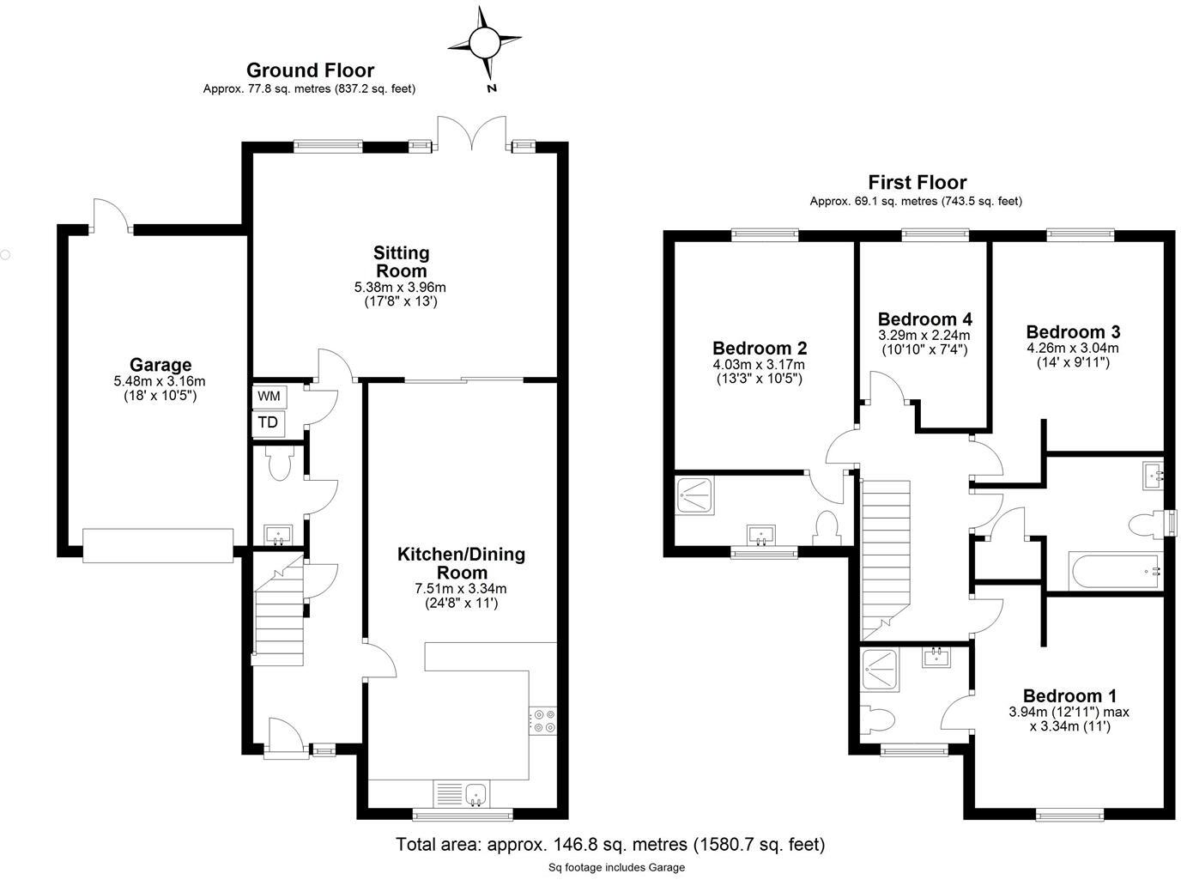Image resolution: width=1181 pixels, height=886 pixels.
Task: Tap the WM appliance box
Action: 269,397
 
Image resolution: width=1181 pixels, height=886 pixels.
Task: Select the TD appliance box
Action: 269,422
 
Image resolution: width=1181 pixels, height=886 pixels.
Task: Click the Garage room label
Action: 160,365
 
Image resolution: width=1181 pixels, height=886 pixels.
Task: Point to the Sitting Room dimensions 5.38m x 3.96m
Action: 401,288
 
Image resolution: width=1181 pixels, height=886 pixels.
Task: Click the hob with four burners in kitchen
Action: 542,720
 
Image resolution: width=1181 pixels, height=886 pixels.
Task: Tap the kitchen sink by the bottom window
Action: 475,795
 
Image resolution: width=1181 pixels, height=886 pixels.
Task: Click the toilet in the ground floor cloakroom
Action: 279,464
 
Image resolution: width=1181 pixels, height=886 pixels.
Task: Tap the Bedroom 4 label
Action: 924,319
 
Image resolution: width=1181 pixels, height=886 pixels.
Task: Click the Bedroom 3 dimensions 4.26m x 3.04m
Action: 1073,349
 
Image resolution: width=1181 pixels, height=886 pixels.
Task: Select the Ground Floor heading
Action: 310,70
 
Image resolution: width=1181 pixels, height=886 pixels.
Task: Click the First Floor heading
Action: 917,182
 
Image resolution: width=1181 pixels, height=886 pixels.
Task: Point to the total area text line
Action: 609,845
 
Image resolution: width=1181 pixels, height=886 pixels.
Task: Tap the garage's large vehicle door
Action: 158,545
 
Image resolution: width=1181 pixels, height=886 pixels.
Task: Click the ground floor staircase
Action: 279,614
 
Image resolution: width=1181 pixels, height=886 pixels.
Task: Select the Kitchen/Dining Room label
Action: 461,563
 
